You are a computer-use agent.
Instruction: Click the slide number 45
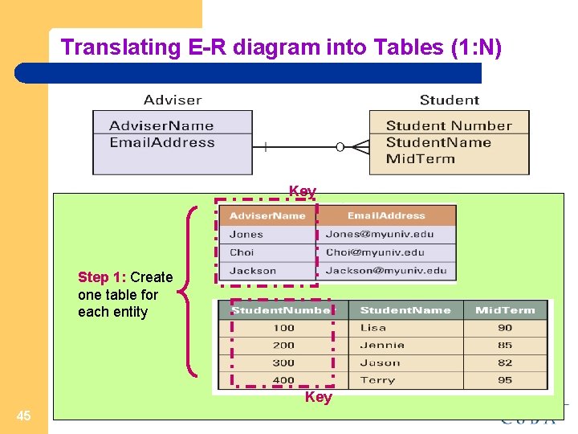pos(24,416)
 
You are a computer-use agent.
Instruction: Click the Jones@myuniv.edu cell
pos(380,235)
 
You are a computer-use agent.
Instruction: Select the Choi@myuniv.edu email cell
pos(375,252)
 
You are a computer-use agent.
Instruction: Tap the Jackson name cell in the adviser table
pos(253,271)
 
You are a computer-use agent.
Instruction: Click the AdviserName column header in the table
pos(267,215)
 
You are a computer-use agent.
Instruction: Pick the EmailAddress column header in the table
pos(386,215)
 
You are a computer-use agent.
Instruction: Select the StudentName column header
pos(405,310)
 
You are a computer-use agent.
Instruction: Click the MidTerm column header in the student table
pos(505,310)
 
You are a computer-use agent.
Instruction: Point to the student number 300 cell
pos(283,362)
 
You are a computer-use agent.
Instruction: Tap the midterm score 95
pos(505,380)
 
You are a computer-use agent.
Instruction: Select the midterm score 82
pos(505,362)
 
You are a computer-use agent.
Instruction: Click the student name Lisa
pos(373,328)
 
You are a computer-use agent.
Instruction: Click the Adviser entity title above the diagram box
pos(173,100)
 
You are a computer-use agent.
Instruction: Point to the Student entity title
pos(450,100)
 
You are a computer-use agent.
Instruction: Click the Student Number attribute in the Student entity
pos(449,125)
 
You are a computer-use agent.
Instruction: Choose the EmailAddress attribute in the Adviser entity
pos(162,143)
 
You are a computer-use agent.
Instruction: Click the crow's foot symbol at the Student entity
pos(359,147)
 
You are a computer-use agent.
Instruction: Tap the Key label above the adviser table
pos(303,191)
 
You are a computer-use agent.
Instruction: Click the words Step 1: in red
pos(102,277)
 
